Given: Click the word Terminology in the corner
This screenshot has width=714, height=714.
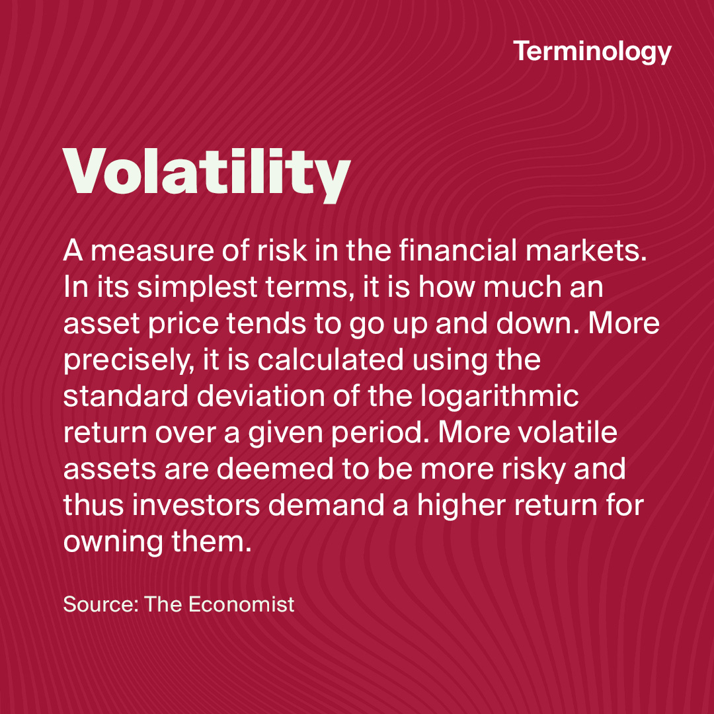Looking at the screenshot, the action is (592, 52).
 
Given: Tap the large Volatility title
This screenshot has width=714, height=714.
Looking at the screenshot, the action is (207, 175).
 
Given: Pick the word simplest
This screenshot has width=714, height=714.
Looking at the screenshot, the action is (197, 288).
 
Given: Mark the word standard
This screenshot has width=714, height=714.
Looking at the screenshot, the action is (126, 396).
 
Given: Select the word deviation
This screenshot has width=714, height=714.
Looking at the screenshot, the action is (260, 396).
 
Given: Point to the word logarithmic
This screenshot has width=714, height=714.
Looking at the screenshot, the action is (500, 397).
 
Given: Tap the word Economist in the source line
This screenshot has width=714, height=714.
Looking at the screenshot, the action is (241, 604).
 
